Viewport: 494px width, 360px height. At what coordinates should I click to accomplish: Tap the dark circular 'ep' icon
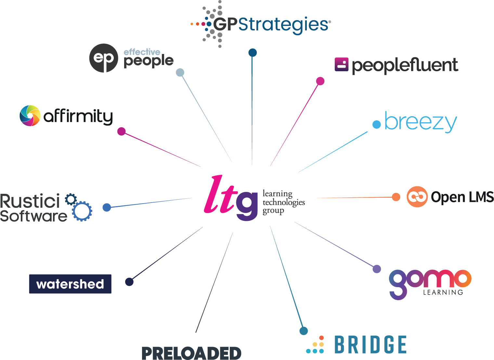pos(103,58)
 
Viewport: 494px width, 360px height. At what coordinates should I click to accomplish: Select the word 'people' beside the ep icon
pos(149,61)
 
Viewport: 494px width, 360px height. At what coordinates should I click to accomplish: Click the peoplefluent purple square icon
pos(341,64)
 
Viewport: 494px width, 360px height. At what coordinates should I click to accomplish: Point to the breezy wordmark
pos(421,122)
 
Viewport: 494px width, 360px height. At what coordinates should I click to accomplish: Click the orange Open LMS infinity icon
pos(417,197)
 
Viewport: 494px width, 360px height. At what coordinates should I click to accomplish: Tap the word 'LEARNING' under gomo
pos(443,292)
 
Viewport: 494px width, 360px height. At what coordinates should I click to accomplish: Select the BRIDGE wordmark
pos(370,345)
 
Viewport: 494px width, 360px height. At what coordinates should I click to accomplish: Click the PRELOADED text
pos(191,353)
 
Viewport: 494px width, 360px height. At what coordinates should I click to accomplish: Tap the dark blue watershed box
pos(70,284)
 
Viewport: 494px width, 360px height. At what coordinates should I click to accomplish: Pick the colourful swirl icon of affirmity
pos(30,115)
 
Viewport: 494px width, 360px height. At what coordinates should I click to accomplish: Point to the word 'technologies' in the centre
pos(284,202)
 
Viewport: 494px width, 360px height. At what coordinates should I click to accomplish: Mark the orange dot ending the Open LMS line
pos(396,197)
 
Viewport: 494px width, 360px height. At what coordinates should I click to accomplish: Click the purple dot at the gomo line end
pos(377,269)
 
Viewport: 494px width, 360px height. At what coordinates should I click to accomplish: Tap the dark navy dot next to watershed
pos(129,282)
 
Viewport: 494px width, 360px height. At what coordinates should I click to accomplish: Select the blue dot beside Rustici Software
pos(107,207)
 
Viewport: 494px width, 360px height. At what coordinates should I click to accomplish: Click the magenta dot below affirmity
pos(121,131)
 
